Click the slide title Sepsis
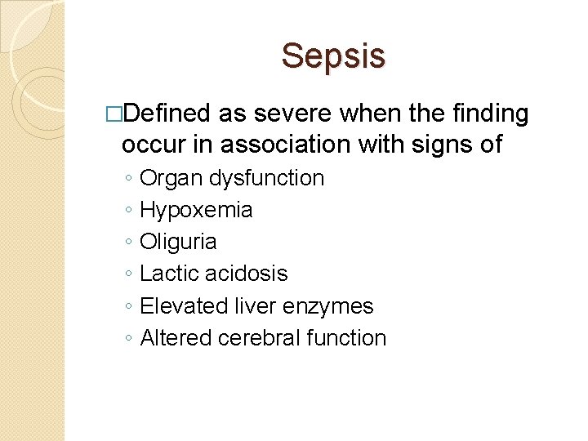pos(333,56)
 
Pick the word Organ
pos(168,178)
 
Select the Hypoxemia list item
pos(196,210)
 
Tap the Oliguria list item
pos(178,242)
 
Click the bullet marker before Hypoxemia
pos(130,211)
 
